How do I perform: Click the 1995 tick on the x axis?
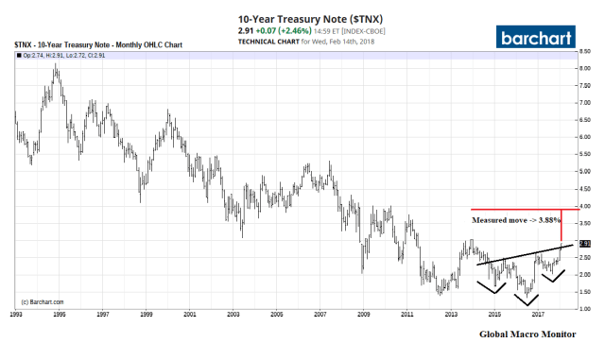point(59,315)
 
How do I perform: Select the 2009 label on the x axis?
point(364,315)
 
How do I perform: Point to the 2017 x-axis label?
point(538,315)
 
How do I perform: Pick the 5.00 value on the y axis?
point(585,172)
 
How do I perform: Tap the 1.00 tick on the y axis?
point(585,309)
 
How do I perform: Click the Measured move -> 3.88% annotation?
point(511,220)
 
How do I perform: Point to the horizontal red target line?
point(515,209)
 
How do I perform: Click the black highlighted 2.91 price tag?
point(585,244)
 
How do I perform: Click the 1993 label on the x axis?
point(15,315)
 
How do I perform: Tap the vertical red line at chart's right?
point(562,225)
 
